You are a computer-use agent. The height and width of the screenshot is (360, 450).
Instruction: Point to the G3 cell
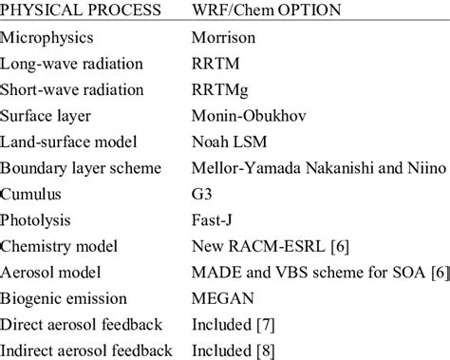(202, 196)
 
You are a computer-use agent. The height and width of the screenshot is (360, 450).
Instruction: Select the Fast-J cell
(214, 221)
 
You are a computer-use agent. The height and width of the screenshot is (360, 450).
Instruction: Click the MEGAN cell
(223, 298)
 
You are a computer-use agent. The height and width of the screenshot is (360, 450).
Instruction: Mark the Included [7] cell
(234, 324)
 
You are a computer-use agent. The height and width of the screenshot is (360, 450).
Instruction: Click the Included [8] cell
(234, 350)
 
